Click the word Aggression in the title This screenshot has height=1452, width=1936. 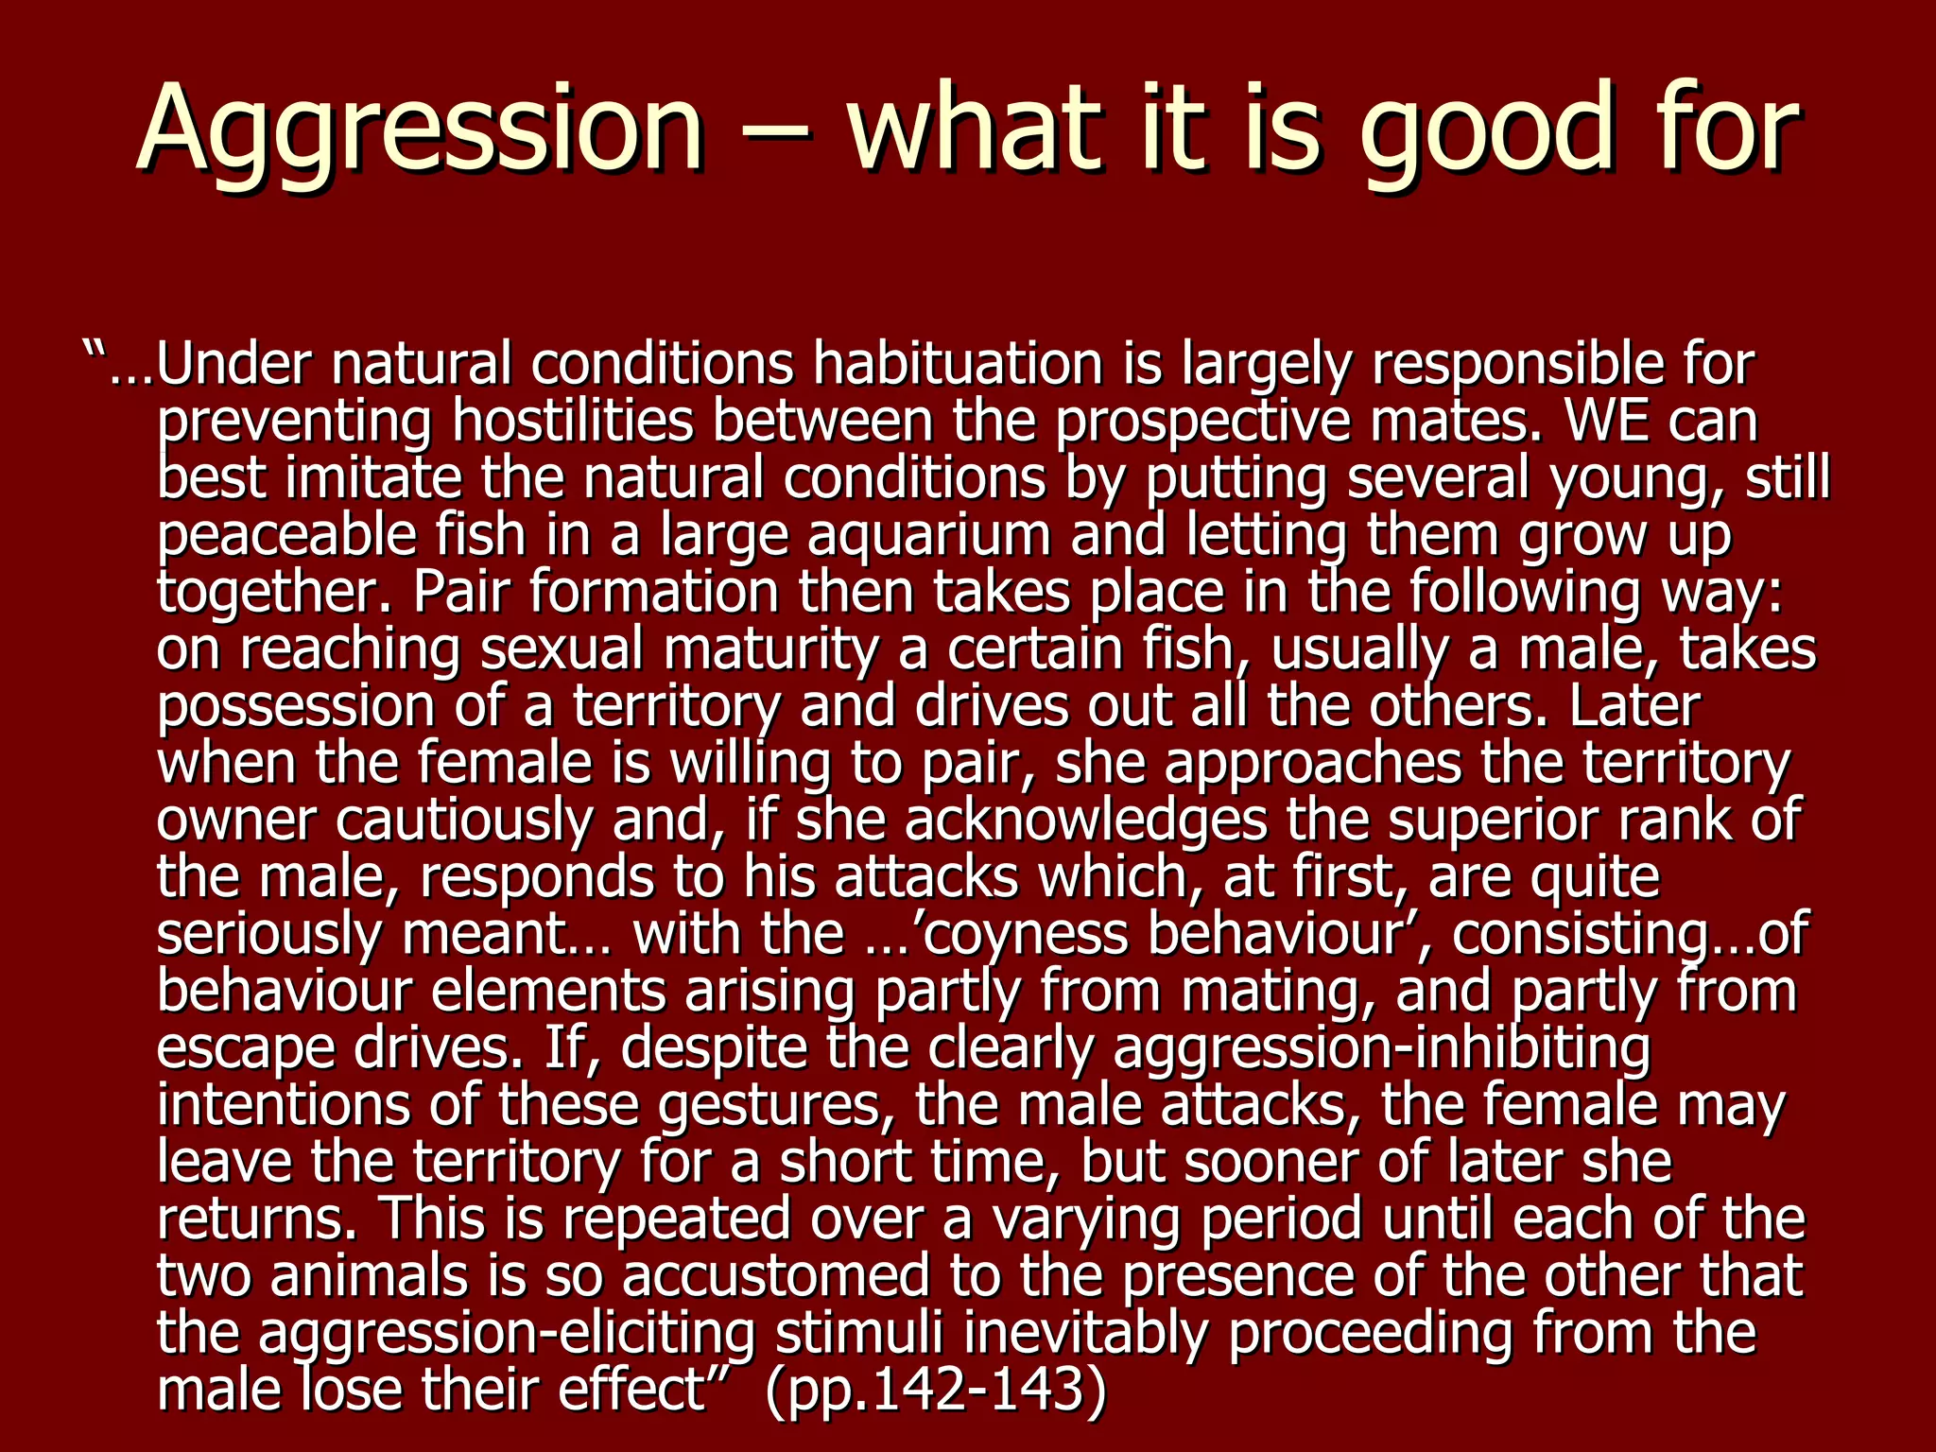421,130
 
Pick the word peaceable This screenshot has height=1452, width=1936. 286,536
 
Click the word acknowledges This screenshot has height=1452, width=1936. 1086,821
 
